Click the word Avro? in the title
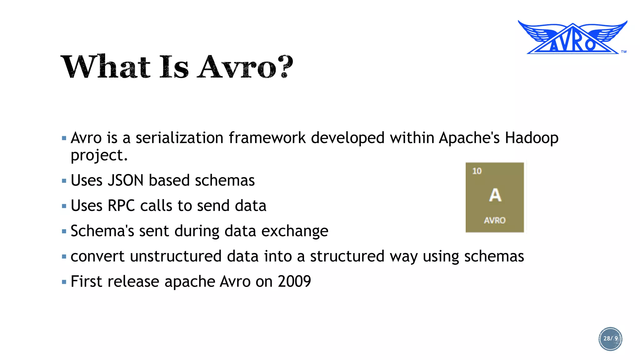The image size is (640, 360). tap(245, 67)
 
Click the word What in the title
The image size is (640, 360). tap(105, 67)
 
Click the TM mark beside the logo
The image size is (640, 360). tap(624, 52)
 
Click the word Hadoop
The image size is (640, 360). tap(532, 138)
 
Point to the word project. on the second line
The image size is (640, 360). tap(99, 155)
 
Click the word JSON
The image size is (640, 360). tap(125, 181)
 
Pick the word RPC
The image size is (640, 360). tap(121, 206)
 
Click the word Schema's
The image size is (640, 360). tap(102, 231)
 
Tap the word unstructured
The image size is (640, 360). tap(176, 257)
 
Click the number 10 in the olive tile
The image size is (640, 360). tap(477, 171)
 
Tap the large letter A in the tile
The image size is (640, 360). tap(495, 195)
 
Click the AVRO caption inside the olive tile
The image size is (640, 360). tap(495, 221)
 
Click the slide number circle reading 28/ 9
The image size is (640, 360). tap(610, 339)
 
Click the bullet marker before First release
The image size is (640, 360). tap(64, 282)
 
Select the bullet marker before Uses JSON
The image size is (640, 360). tap(64, 181)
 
